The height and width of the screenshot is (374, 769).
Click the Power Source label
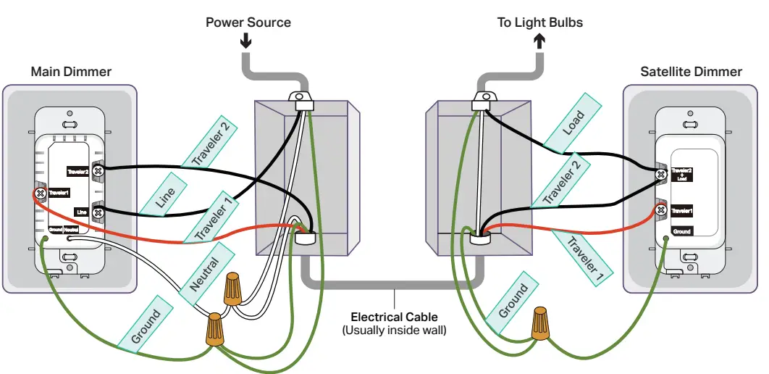click(x=248, y=22)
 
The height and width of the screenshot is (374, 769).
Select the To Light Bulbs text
click(x=539, y=22)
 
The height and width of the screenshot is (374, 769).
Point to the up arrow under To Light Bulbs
click(x=539, y=41)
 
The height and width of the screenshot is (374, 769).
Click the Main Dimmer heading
click(x=71, y=72)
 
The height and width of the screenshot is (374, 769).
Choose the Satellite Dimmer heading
click(x=691, y=72)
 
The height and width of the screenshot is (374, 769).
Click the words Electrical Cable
click(x=394, y=317)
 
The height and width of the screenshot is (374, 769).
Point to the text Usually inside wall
click(x=394, y=331)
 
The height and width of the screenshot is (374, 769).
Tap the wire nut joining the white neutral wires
click(x=232, y=288)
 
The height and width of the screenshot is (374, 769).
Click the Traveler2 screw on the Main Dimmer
click(x=99, y=170)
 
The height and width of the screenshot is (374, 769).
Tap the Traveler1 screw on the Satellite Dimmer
click(x=660, y=211)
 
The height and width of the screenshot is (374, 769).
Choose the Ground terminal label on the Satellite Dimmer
click(x=681, y=231)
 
